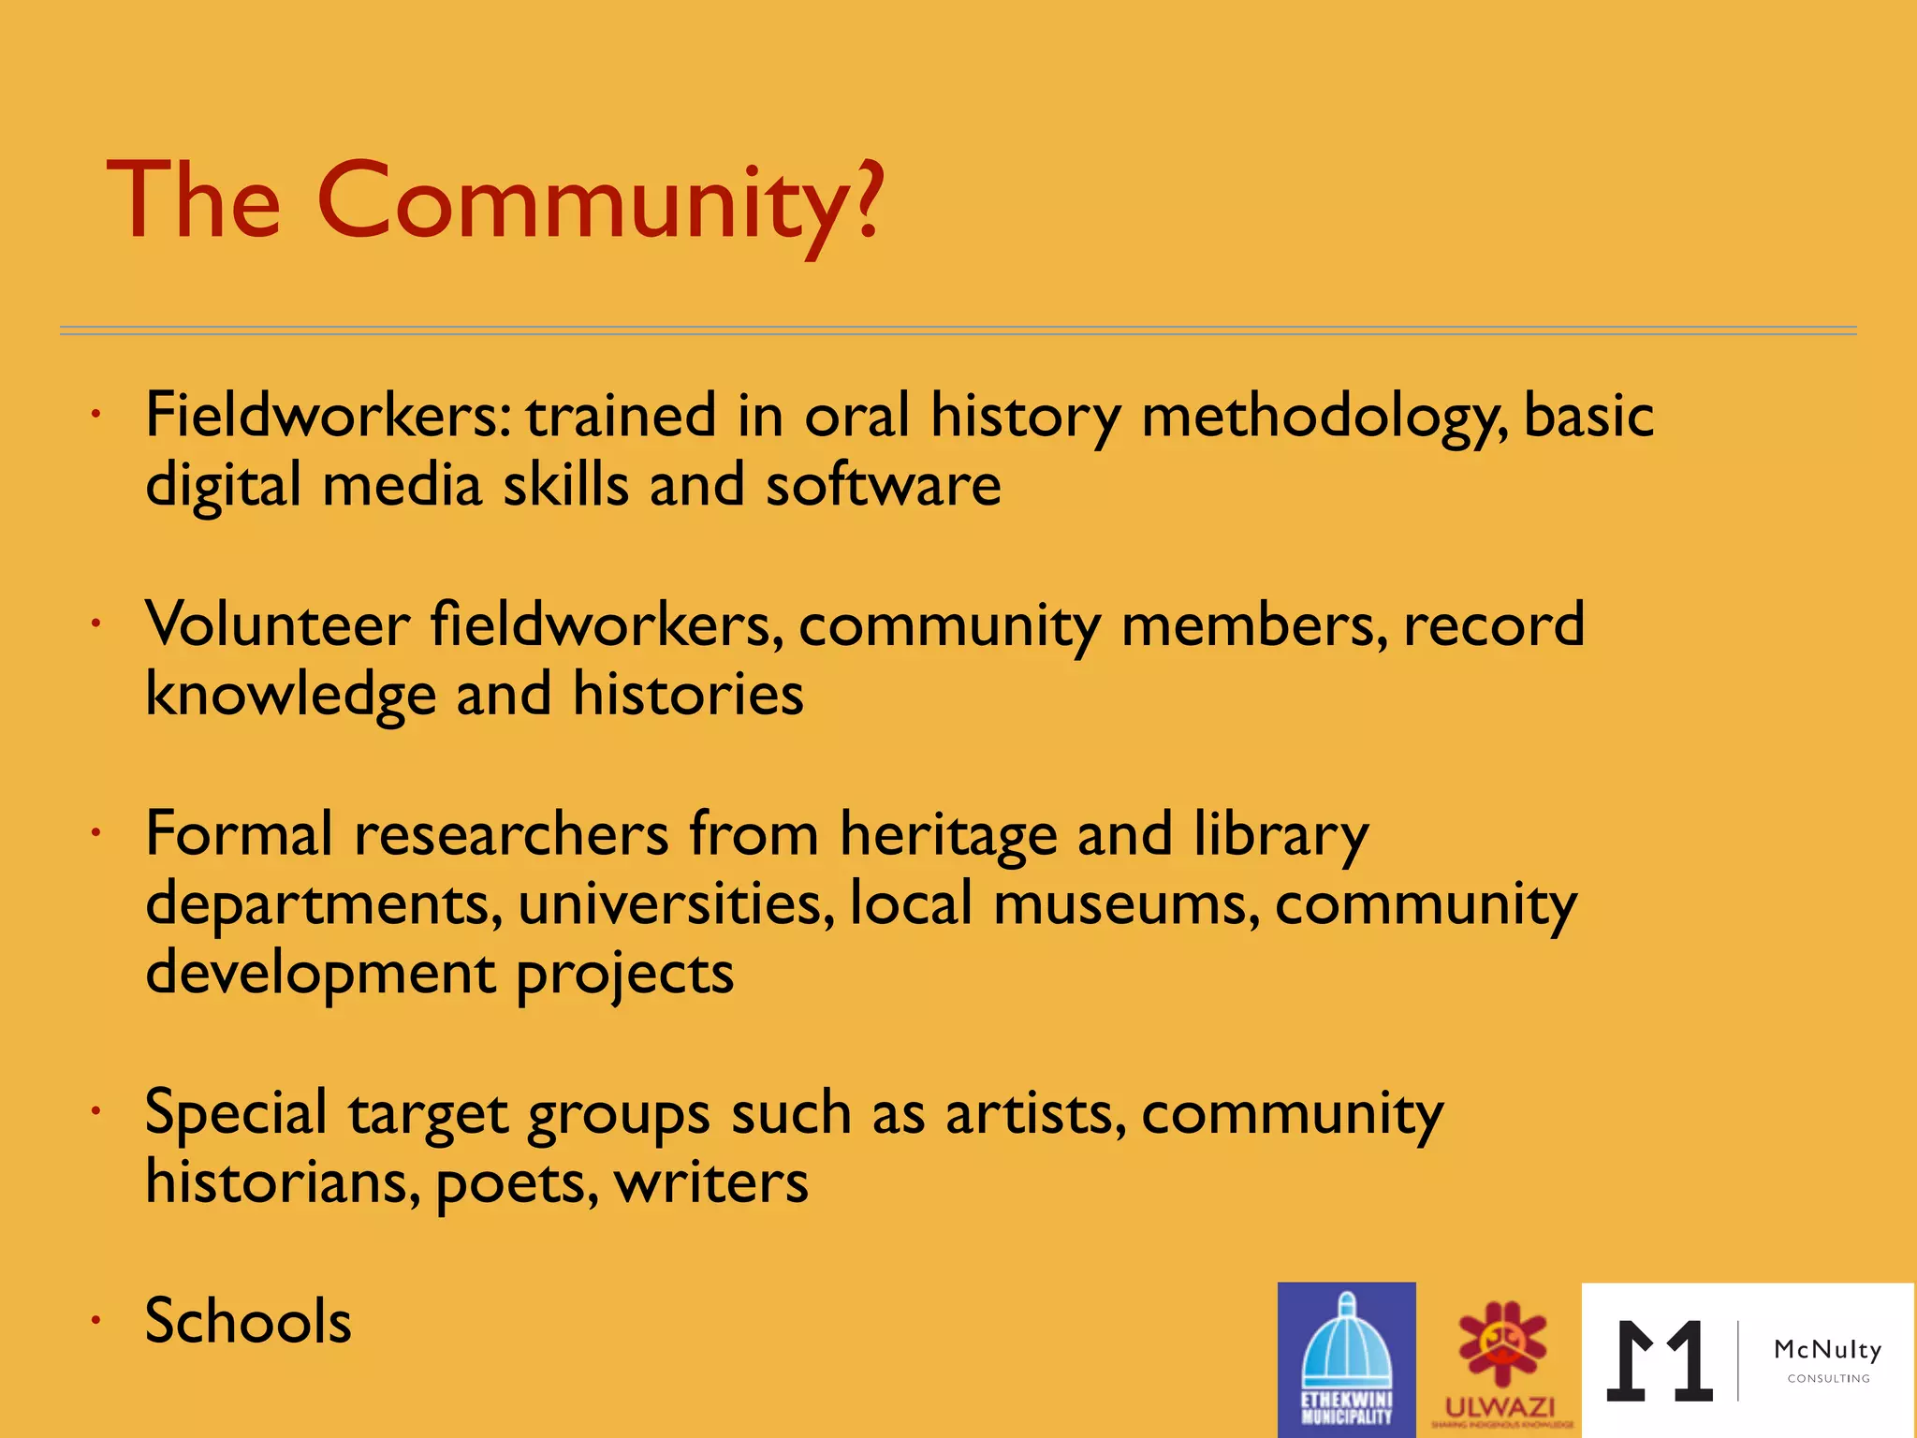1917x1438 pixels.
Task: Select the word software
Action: (884, 485)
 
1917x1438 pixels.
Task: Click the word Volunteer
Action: (277, 624)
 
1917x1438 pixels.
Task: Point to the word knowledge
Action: (290, 696)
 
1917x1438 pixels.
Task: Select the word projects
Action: (624, 975)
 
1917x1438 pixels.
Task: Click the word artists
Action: (1036, 1114)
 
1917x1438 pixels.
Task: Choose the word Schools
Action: (248, 1321)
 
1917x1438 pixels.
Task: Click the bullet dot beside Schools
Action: (95, 1321)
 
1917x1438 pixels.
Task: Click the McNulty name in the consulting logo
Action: (1827, 1349)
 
